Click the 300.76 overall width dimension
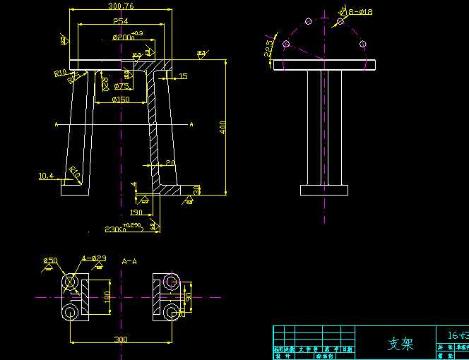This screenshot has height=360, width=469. coord(121,6)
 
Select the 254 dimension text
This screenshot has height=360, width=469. coord(121,21)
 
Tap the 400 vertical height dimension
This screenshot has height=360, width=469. coord(222,127)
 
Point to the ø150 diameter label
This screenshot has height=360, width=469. coord(121,100)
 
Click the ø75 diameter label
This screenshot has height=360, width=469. coord(121,86)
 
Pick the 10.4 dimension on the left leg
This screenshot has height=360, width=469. coord(46,175)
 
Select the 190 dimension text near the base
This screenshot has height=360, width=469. coord(136,212)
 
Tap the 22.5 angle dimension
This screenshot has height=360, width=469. coord(268,47)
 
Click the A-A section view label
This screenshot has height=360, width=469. coord(129,260)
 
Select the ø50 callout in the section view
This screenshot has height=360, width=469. coord(50,260)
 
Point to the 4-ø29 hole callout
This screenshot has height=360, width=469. coord(93,258)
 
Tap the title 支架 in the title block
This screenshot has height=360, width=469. coord(400,344)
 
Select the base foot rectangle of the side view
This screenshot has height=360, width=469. coord(324,190)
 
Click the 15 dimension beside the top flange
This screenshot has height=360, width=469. coord(183,76)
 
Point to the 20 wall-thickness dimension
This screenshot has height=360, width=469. coord(170,163)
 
